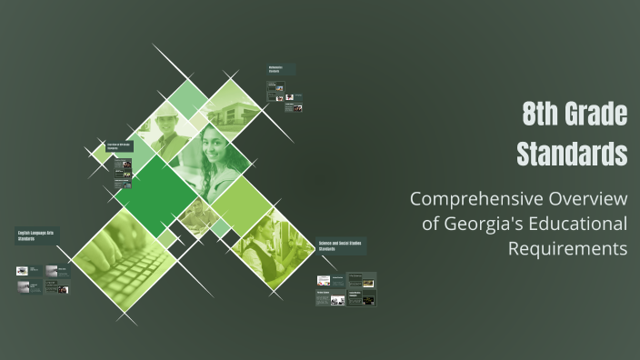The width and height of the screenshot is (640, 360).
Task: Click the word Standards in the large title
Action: [572, 154]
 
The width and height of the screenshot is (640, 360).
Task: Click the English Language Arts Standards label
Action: [37, 235]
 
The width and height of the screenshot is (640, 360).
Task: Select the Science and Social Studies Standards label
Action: [341, 246]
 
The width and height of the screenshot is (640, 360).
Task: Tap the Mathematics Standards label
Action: [280, 70]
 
